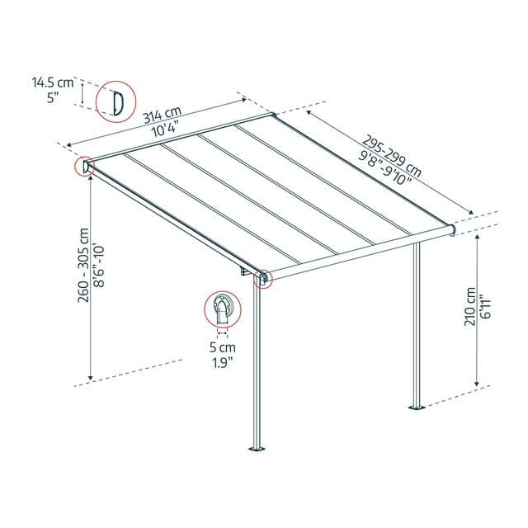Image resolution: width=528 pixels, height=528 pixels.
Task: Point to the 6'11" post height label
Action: click(485, 309)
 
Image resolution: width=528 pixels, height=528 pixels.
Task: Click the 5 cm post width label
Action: click(221, 348)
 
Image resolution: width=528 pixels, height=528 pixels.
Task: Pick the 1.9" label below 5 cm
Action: click(221, 361)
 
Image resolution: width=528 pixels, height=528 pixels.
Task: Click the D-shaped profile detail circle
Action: click(116, 101)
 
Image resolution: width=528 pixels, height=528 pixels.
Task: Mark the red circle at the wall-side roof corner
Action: click(86, 166)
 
